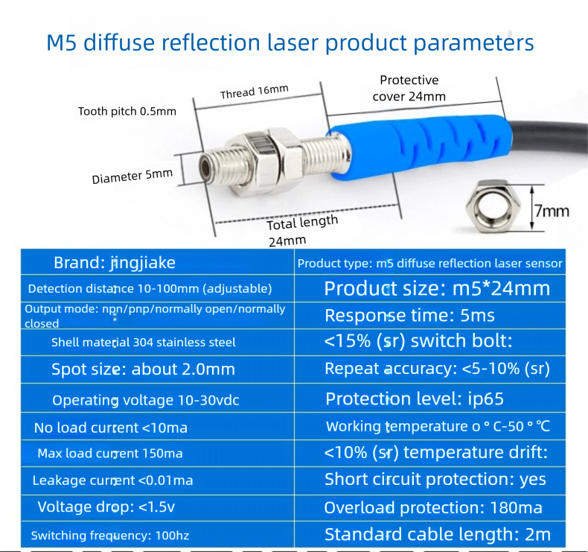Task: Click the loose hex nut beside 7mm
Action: tap(493, 206)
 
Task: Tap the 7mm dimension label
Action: tap(552, 211)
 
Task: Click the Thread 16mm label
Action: tap(255, 92)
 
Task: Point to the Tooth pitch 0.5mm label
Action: tap(127, 112)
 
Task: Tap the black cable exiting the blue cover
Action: tap(549, 139)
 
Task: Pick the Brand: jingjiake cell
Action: tap(158, 262)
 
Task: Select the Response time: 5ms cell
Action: tap(430, 316)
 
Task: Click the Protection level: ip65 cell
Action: tap(430, 399)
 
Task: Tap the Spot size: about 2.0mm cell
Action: tap(158, 369)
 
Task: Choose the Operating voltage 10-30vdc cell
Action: tap(158, 399)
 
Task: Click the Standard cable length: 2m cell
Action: tap(430, 534)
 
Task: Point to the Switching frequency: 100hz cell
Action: tap(158, 534)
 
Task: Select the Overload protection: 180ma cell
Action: tap(430, 508)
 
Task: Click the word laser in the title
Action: tap(293, 42)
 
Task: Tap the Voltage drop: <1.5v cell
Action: tap(158, 508)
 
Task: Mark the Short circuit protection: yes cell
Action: tap(430, 480)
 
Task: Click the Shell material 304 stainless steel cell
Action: tap(158, 343)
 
